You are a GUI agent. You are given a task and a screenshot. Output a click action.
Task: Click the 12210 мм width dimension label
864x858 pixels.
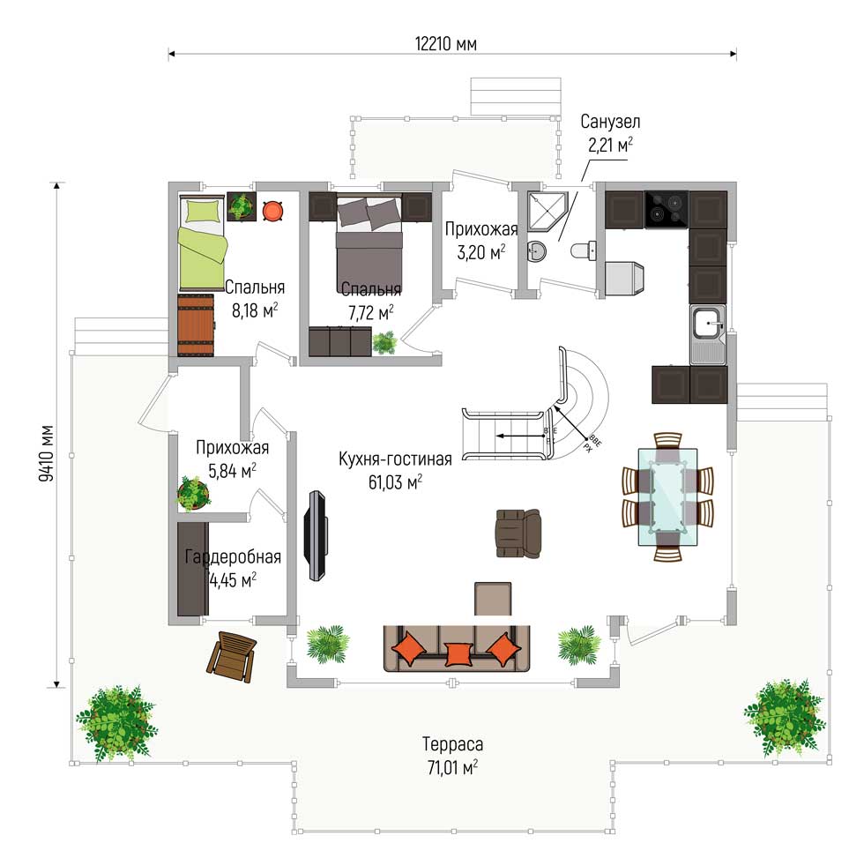[x=446, y=43]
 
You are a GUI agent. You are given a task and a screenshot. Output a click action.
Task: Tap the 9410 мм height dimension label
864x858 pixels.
[x=46, y=453]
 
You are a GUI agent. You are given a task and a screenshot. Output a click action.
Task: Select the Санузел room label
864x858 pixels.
[x=610, y=121]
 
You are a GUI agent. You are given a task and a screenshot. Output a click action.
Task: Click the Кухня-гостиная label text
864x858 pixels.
[x=395, y=459]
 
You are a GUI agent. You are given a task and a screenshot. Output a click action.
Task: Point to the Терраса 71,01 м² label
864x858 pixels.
[x=452, y=756]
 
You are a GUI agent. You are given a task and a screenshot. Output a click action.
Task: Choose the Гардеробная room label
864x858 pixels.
[x=233, y=556]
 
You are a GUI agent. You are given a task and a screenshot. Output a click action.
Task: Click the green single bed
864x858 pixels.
[x=202, y=243]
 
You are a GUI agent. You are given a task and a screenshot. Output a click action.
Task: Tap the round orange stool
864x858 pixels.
[x=272, y=211]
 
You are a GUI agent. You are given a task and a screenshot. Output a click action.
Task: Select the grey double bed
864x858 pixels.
[x=369, y=243]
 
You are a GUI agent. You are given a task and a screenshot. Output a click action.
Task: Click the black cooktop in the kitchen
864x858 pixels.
[x=667, y=209]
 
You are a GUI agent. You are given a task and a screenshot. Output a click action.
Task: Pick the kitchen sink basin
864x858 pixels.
[x=707, y=323]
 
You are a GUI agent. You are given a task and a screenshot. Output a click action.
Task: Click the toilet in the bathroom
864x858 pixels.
[x=584, y=250]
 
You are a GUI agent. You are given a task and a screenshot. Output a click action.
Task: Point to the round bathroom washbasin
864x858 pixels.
[x=536, y=252]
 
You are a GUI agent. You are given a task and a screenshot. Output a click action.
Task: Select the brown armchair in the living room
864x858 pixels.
[x=518, y=533]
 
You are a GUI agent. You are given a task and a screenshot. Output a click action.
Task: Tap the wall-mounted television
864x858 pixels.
[x=317, y=535]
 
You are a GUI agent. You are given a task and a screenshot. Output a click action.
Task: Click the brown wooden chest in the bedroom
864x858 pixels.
[x=196, y=325]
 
